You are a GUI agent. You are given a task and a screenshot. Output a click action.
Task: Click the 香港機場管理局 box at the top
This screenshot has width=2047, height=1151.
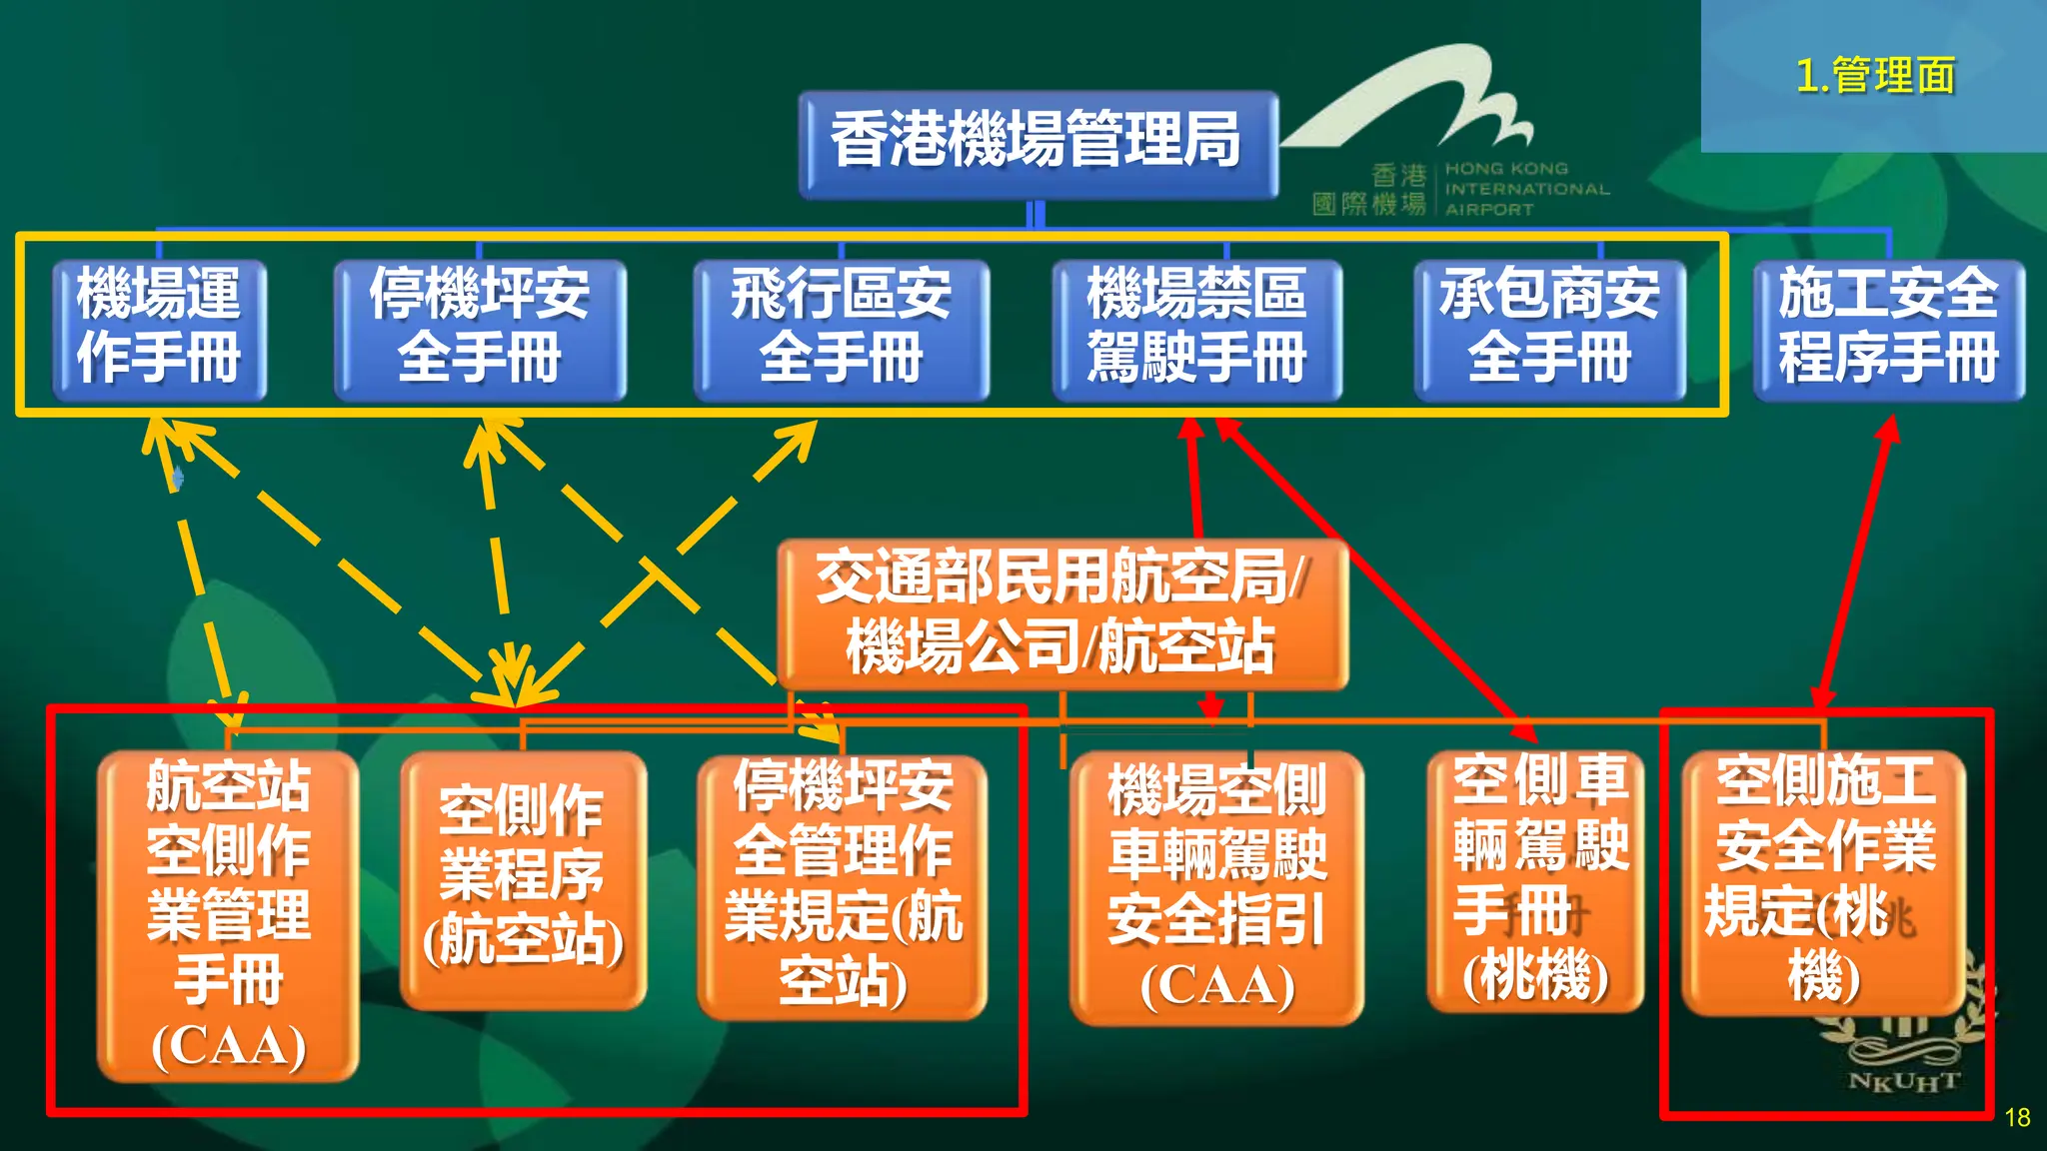[1037, 143]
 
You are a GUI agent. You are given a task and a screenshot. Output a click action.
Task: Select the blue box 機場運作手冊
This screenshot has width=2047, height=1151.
[160, 328]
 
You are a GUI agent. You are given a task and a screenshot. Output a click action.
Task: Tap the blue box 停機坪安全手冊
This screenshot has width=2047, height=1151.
[480, 328]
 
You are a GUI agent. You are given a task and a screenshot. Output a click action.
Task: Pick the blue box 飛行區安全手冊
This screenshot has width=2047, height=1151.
[841, 328]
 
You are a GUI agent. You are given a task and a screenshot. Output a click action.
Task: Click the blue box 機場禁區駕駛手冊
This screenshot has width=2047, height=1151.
[1196, 328]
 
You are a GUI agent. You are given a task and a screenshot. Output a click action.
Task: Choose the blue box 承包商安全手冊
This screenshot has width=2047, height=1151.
[1549, 328]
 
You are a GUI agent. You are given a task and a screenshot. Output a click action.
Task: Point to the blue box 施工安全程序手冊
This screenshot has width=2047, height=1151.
[1888, 328]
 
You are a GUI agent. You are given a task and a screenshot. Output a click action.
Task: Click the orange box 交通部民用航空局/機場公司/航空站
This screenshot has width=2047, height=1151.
[1061, 611]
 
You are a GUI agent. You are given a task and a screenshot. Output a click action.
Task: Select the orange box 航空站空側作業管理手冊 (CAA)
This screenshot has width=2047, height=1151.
[229, 914]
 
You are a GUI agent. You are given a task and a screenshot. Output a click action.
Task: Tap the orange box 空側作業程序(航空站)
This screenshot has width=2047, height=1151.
[523, 879]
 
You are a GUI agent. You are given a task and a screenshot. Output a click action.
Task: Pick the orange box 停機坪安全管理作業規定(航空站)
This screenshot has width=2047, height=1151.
[843, 885]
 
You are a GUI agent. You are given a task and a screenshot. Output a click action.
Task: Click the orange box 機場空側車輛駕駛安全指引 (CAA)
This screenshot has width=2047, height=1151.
[1216, 887]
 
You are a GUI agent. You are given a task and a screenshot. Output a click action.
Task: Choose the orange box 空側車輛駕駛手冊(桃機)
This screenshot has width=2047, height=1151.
[1536, 879]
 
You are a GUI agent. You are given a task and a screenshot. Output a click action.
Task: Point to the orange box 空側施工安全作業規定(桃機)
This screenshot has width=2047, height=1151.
[1824, 879]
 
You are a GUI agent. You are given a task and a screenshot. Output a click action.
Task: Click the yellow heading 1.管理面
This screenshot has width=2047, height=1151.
[1875, 76]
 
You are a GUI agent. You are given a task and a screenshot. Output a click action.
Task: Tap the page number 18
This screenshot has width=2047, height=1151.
[2017, 1117]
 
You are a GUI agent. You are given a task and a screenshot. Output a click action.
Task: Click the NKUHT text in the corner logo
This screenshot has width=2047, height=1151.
[1903, 1082]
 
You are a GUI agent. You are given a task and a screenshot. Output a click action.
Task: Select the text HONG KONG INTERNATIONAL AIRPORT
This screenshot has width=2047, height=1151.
[1526, 189]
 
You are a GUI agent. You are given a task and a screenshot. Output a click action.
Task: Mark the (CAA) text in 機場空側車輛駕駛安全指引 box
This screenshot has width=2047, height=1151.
[1216, 986]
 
